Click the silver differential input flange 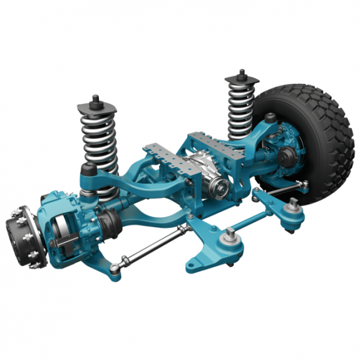tap(219, 183)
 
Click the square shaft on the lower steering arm tap(230, 235)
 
